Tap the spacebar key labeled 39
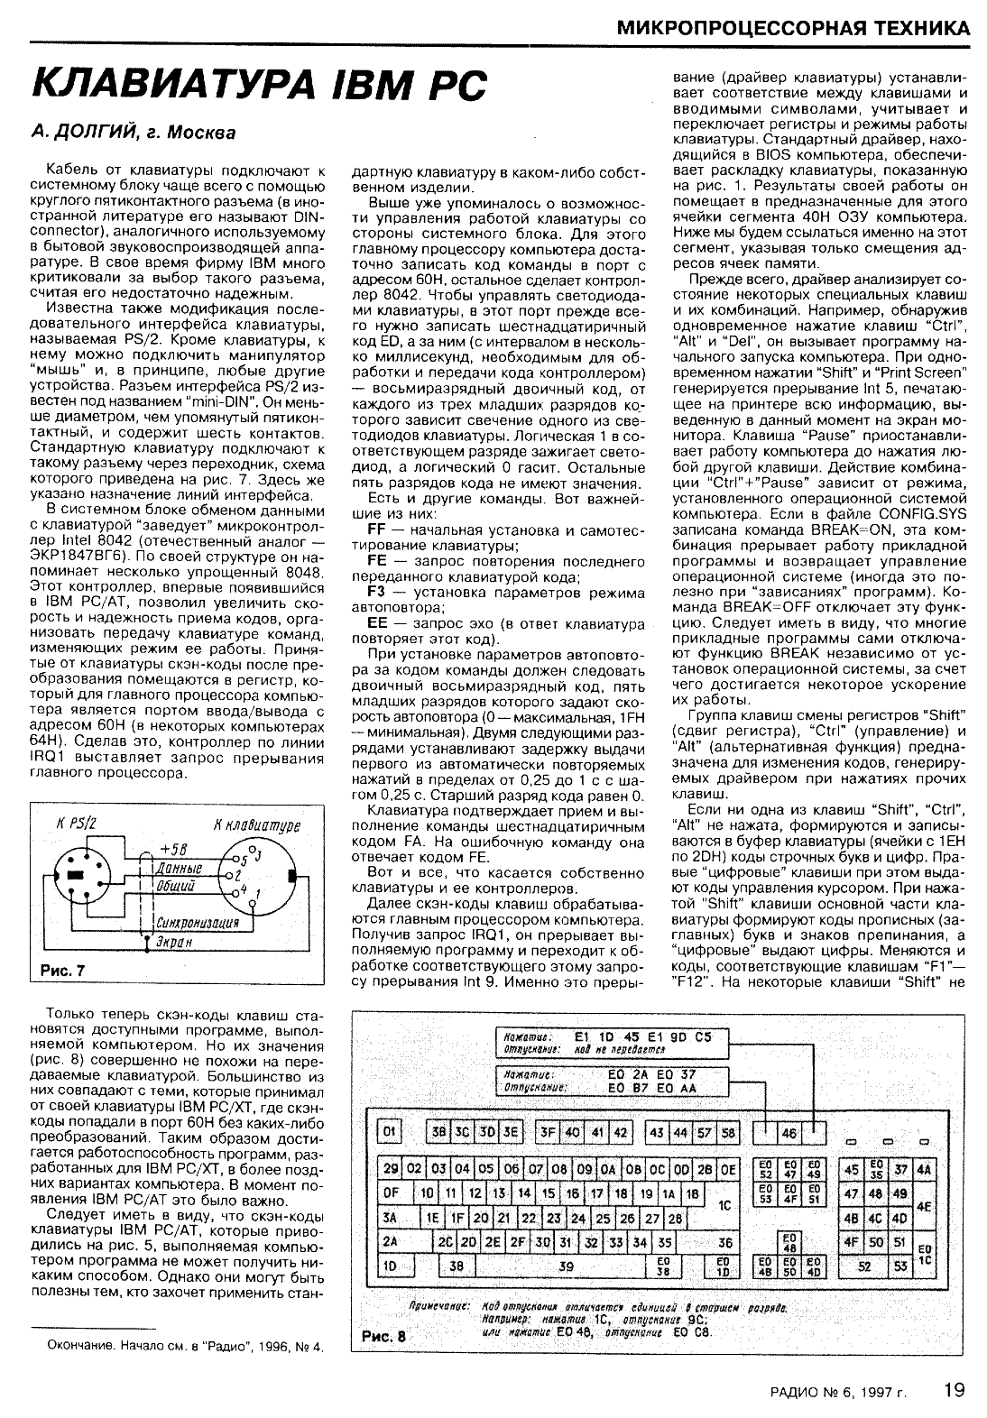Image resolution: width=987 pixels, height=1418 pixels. tap(567, 1266)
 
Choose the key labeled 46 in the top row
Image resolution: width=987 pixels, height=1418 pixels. tap(789, 1132)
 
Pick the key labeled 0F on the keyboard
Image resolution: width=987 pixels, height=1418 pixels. tap(391, 1192)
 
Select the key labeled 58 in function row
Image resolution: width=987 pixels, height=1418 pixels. tap(728, 1132)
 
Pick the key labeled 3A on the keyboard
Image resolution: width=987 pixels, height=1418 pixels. tap(391, 1217)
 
